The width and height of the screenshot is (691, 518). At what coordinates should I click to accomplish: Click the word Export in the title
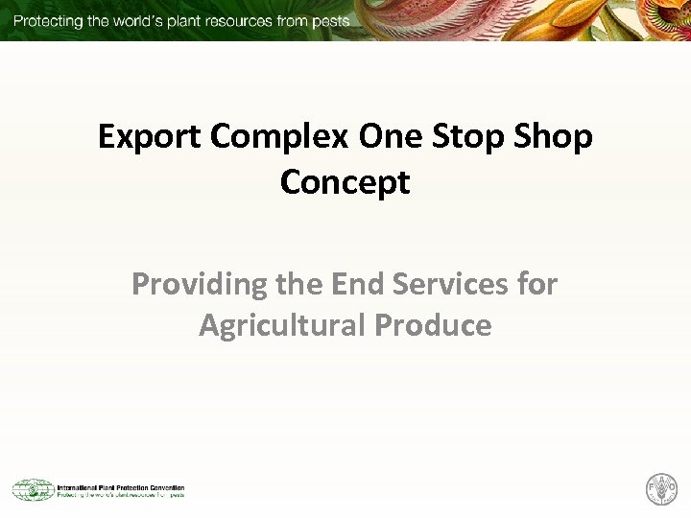point(151,137)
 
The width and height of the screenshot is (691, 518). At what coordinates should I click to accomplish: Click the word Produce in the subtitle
point(433,325)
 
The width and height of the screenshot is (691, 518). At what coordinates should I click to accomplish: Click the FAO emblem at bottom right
point(661,489)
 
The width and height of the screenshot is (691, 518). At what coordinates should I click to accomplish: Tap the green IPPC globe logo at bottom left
point(32,489)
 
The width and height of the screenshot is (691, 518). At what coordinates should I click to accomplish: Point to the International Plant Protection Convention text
point(120,486)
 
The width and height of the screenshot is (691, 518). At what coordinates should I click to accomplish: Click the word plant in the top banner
point(187,21)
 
